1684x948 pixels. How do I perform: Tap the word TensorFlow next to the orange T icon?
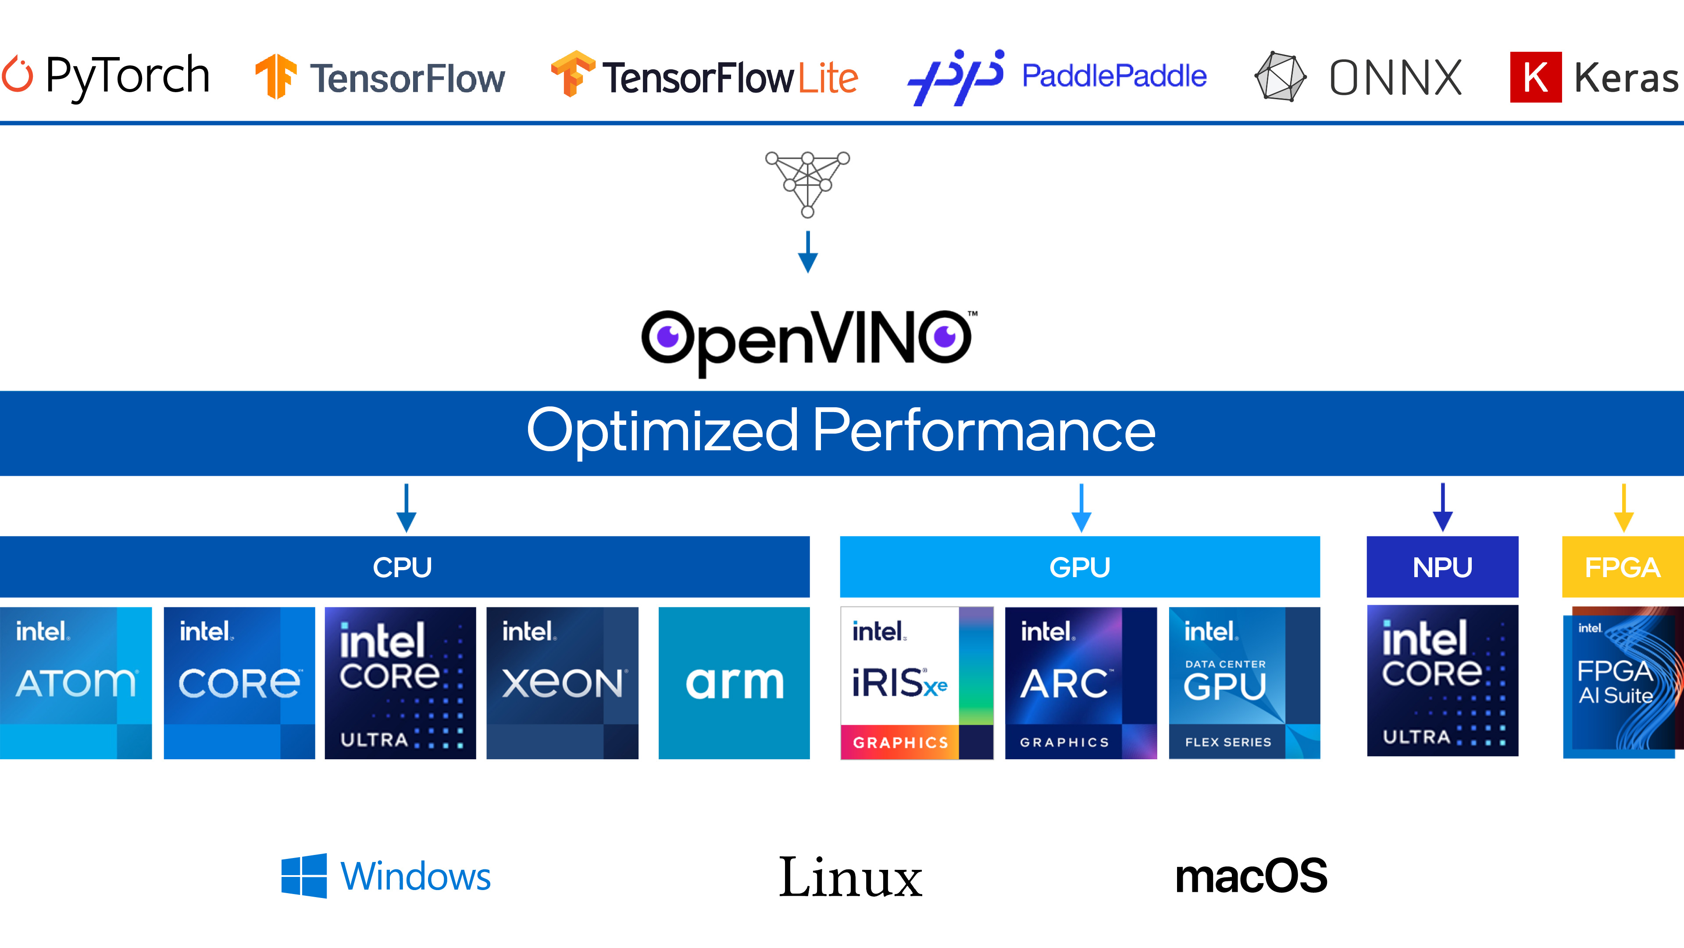click(407, 79)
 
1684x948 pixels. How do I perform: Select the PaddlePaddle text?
click(1113, 76)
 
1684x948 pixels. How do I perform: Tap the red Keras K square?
click(1535, 77)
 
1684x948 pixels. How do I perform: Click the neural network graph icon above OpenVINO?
click(807, 184)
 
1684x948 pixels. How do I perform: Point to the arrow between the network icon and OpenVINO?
click(807, 252)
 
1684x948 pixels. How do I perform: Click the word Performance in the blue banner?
click(983, 431)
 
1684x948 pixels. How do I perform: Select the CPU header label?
click(402, 567)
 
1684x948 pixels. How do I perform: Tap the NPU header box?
click(1442, 567)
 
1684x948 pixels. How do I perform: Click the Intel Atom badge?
click(76, 683)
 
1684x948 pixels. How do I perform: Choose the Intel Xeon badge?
click(562, 683)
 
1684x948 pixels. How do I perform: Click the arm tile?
click(734, 683)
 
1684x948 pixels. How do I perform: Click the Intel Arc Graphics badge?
click(1081, 683)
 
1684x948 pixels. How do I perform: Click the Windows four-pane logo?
click(304, 876)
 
